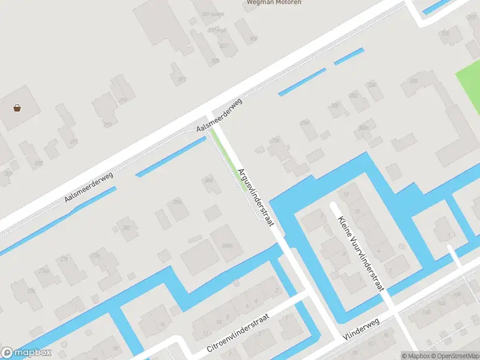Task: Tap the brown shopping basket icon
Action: [x=17, y=109]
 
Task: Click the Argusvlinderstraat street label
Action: [x=256, y=196]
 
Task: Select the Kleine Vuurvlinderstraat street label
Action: [x=360, y=253]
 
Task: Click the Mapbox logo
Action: [x=26, y=353]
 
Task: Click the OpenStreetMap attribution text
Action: [x=452, y=356]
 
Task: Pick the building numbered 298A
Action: [x=227, y=245]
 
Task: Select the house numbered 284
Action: [x=177, y=202]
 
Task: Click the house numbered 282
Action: [x=127, y=228]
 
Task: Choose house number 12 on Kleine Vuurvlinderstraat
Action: [x=346, y=194]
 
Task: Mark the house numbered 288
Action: [x=209, y=181]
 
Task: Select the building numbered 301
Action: [x=182, y=79]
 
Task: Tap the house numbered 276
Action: [x=64, y=259]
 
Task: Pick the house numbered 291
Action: [x=74, y=142]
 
